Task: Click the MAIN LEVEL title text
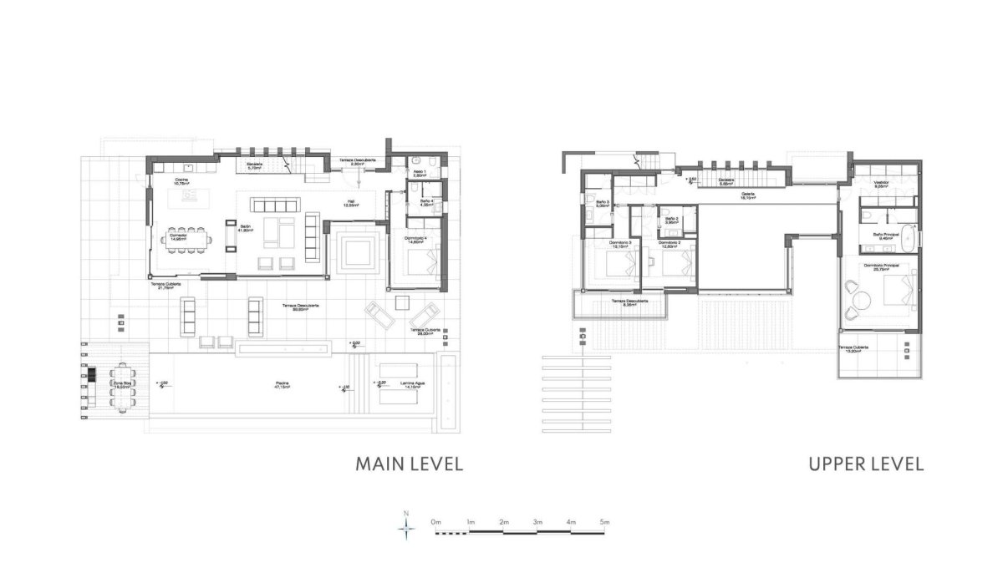click(409, 464)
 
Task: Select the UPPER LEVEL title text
click(866, 464)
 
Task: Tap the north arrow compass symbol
click(406, 525)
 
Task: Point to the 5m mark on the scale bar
click(604, 522)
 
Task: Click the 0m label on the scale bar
click(435, 522)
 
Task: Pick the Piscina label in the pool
click(283, 385)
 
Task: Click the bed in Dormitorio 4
click(422, 266)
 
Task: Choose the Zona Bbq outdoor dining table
click(122, 387)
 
